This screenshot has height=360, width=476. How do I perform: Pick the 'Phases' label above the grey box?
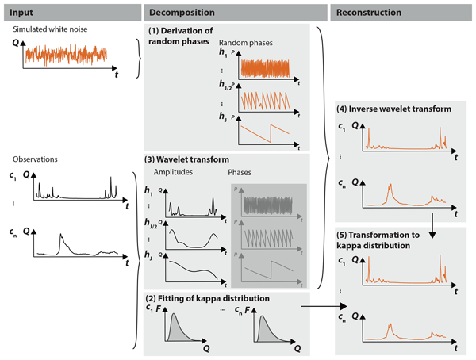coord(242,171)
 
